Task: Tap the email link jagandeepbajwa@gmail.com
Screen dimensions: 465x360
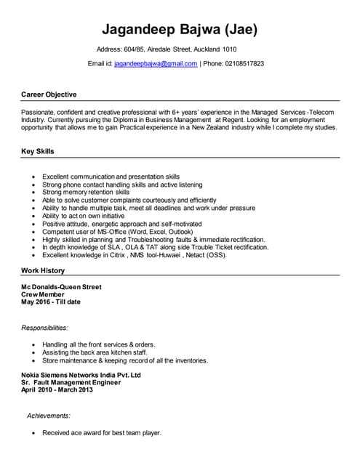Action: (x=156, y=64)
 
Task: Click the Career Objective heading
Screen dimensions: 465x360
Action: (x=49, y=94)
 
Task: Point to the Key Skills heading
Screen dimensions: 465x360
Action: (x=38, y=151)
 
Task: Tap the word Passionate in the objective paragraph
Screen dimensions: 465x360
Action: (x=39, y=112)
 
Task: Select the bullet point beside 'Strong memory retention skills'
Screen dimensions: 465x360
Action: (x=33, y=193)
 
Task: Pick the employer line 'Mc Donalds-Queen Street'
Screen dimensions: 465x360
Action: (x=61, y=287)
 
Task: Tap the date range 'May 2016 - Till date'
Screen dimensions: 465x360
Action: (x=51, y=302)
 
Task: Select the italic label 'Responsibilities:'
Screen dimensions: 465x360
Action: (x=44, y=328)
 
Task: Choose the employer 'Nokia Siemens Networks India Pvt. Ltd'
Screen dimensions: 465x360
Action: (x=81, y=375)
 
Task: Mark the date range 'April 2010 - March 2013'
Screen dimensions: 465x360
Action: (x=57, y=390)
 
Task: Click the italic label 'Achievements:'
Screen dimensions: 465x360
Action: (x=49, y=416)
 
